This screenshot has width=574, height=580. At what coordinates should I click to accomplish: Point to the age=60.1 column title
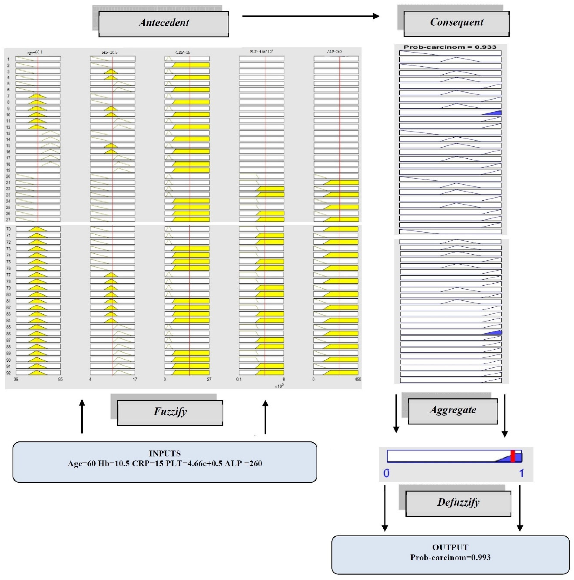click(x=35, y=52)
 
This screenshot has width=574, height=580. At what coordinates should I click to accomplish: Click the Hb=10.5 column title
click(x=109, y=52)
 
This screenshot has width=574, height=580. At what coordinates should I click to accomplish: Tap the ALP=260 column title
click(x=334, y=52)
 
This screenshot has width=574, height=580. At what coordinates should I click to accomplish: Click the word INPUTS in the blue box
click(x=165, y=453)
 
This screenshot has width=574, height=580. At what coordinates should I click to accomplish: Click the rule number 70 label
click(x=8, y=229)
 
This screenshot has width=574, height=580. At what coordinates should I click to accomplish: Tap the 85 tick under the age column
click(x=60, y=379)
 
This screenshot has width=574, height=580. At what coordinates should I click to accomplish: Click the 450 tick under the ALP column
click(x=358, y=379)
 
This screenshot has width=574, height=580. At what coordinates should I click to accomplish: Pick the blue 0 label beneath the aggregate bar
click(x=386, y=473)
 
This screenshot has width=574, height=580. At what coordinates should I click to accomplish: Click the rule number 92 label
click(x=8, y=373)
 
